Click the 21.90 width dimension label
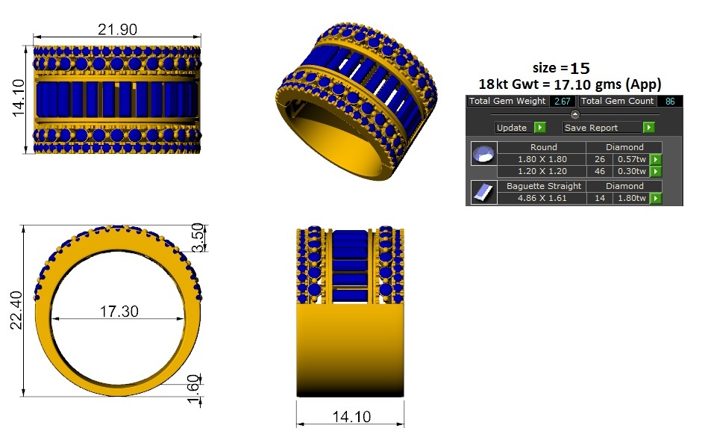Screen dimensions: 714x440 tap(117, 29)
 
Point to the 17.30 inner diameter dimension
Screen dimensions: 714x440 tap(119, 312)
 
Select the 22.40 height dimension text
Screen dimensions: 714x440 tap(16, 310)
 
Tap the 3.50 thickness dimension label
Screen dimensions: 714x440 tap(197, 238)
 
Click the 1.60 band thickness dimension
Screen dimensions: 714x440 tap(193, 388)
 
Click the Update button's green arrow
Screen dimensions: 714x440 tap(539, 128)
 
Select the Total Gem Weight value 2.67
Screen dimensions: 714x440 tap(563, 102)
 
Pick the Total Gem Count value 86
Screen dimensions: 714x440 tap(670, 102)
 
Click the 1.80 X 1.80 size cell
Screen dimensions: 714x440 tap(542, 159)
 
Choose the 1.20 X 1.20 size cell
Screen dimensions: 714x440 tap(542, 171)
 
